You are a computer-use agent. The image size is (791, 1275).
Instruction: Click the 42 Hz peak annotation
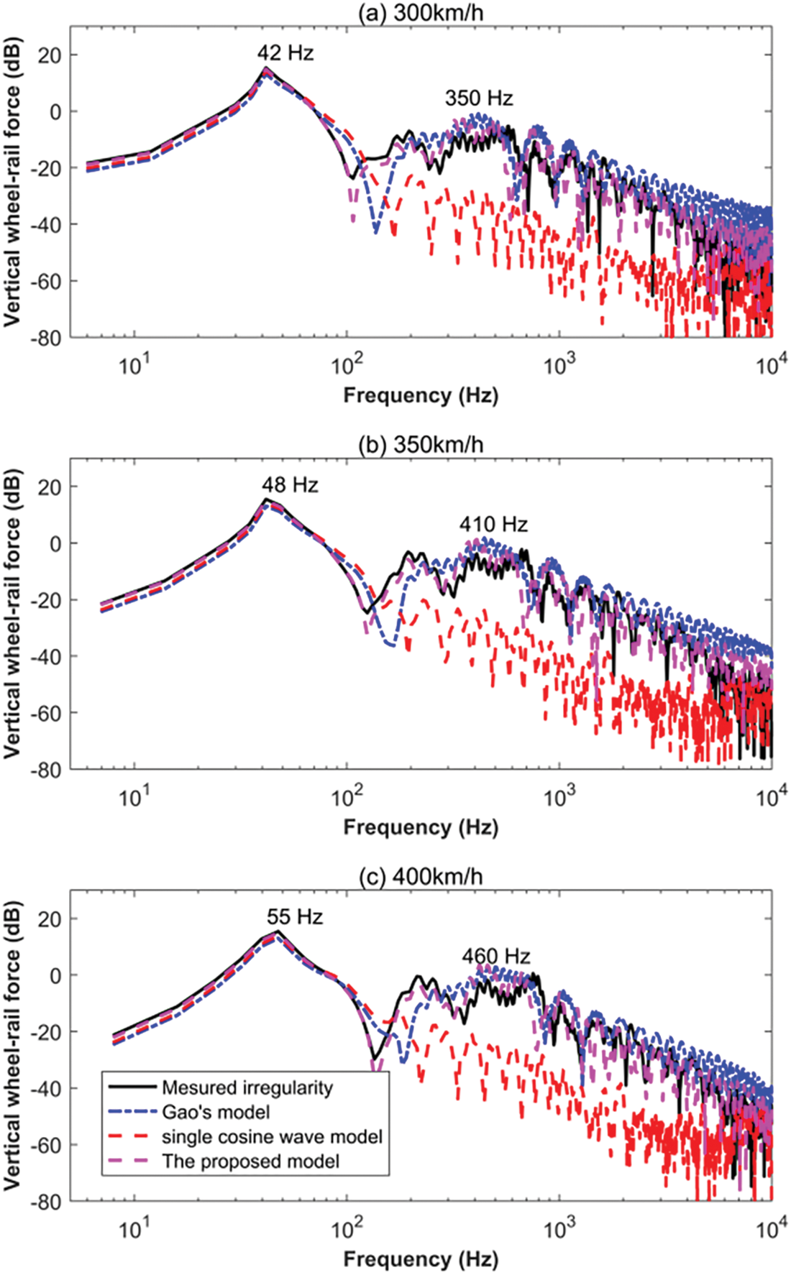tap(285, 53)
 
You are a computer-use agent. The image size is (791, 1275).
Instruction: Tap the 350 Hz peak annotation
tap(479, 98)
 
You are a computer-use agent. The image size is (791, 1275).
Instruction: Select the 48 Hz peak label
tap(290, 485)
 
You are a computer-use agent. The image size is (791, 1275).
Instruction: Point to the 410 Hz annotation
tap(493, 525)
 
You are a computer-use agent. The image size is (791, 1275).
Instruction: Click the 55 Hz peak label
tap(295, 917)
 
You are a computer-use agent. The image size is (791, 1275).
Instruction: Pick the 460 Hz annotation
tap(496, 957)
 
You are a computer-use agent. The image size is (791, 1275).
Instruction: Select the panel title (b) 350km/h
tap(421, 445)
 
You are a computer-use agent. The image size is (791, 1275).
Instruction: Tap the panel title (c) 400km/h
tap(421, 877)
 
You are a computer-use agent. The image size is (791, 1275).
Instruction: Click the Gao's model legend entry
tap(216, 1113)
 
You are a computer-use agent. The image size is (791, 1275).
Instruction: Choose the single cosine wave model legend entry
tap(272, 1137)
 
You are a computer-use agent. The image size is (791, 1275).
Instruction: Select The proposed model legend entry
tap(250, 1161)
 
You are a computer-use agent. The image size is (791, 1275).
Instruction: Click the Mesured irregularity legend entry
tap(247, 1088)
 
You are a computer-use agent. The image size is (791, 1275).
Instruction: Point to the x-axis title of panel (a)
tap(421, 395)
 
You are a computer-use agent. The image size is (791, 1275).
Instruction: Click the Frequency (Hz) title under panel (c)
tap(421, 1259)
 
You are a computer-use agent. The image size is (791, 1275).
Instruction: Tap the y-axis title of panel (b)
tap(13, 613)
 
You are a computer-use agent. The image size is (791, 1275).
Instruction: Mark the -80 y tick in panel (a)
tap(49, 337)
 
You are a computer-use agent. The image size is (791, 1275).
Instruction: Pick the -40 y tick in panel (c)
tap(49, 1088)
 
